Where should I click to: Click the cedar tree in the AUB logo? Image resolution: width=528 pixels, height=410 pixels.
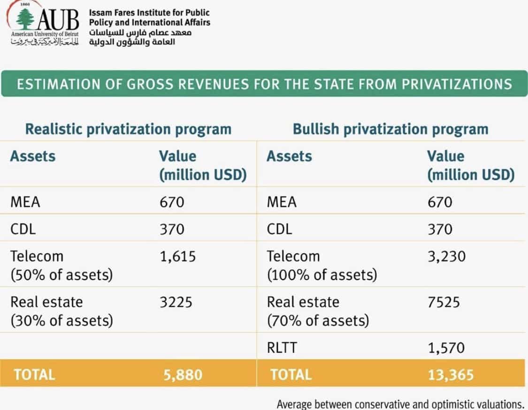pos(25,20)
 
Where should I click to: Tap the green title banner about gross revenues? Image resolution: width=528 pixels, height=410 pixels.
pos(264,84)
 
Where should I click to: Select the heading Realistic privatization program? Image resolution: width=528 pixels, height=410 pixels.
pos(128,129)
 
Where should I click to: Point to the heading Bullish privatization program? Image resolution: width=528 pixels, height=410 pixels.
pos(390,129)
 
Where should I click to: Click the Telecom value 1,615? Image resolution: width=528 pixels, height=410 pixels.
pos(177,257)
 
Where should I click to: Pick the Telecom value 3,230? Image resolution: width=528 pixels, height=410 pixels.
pos(446,257)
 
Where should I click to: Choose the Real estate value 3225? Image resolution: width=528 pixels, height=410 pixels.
pos(176,302)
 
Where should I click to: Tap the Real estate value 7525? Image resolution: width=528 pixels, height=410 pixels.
pos(444,302)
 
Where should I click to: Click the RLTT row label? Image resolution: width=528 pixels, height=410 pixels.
pos(283,348)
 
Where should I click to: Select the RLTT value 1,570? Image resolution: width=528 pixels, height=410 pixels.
pos(446,348)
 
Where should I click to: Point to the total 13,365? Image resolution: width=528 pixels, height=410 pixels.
pos(451,374)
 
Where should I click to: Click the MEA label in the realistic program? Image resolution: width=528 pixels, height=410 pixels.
pos(25,202)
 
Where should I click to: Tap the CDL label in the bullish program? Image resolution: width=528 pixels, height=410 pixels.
pos(279,229)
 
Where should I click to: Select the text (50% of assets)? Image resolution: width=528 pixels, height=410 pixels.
pos(61,275)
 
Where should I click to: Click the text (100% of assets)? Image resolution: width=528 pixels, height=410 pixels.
pos(322,275)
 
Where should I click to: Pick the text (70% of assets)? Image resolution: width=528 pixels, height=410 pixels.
pos(318,321)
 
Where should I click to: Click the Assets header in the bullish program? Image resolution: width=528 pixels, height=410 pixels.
pos(289,156)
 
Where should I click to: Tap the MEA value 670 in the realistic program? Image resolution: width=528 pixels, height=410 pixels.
pos(172,202)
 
